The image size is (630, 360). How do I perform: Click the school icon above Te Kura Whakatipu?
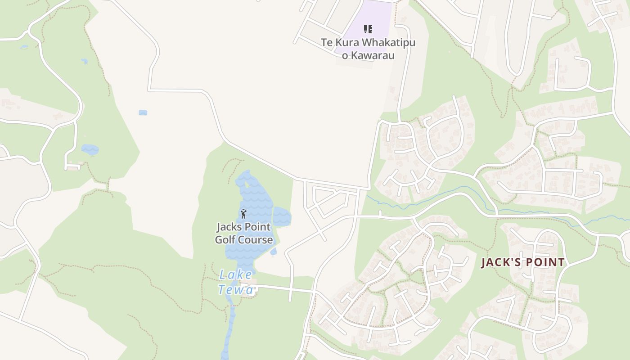[368, 30]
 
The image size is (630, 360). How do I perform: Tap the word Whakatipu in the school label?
[388, 43]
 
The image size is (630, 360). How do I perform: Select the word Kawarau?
[373, 56]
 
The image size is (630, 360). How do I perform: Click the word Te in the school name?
[326, 43]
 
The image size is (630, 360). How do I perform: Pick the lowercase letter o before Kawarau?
[345, 56]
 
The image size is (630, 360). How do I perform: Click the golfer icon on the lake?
[244, 213]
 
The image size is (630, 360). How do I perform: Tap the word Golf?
[225, 240]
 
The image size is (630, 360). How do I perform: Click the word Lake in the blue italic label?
[236, 275]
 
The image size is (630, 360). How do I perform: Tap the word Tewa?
[236, 290]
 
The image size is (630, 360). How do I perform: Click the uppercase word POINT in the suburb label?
[544, 262]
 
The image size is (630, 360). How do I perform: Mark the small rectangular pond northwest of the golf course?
[143, 112]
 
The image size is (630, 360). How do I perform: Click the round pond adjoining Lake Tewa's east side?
[282, 216]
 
